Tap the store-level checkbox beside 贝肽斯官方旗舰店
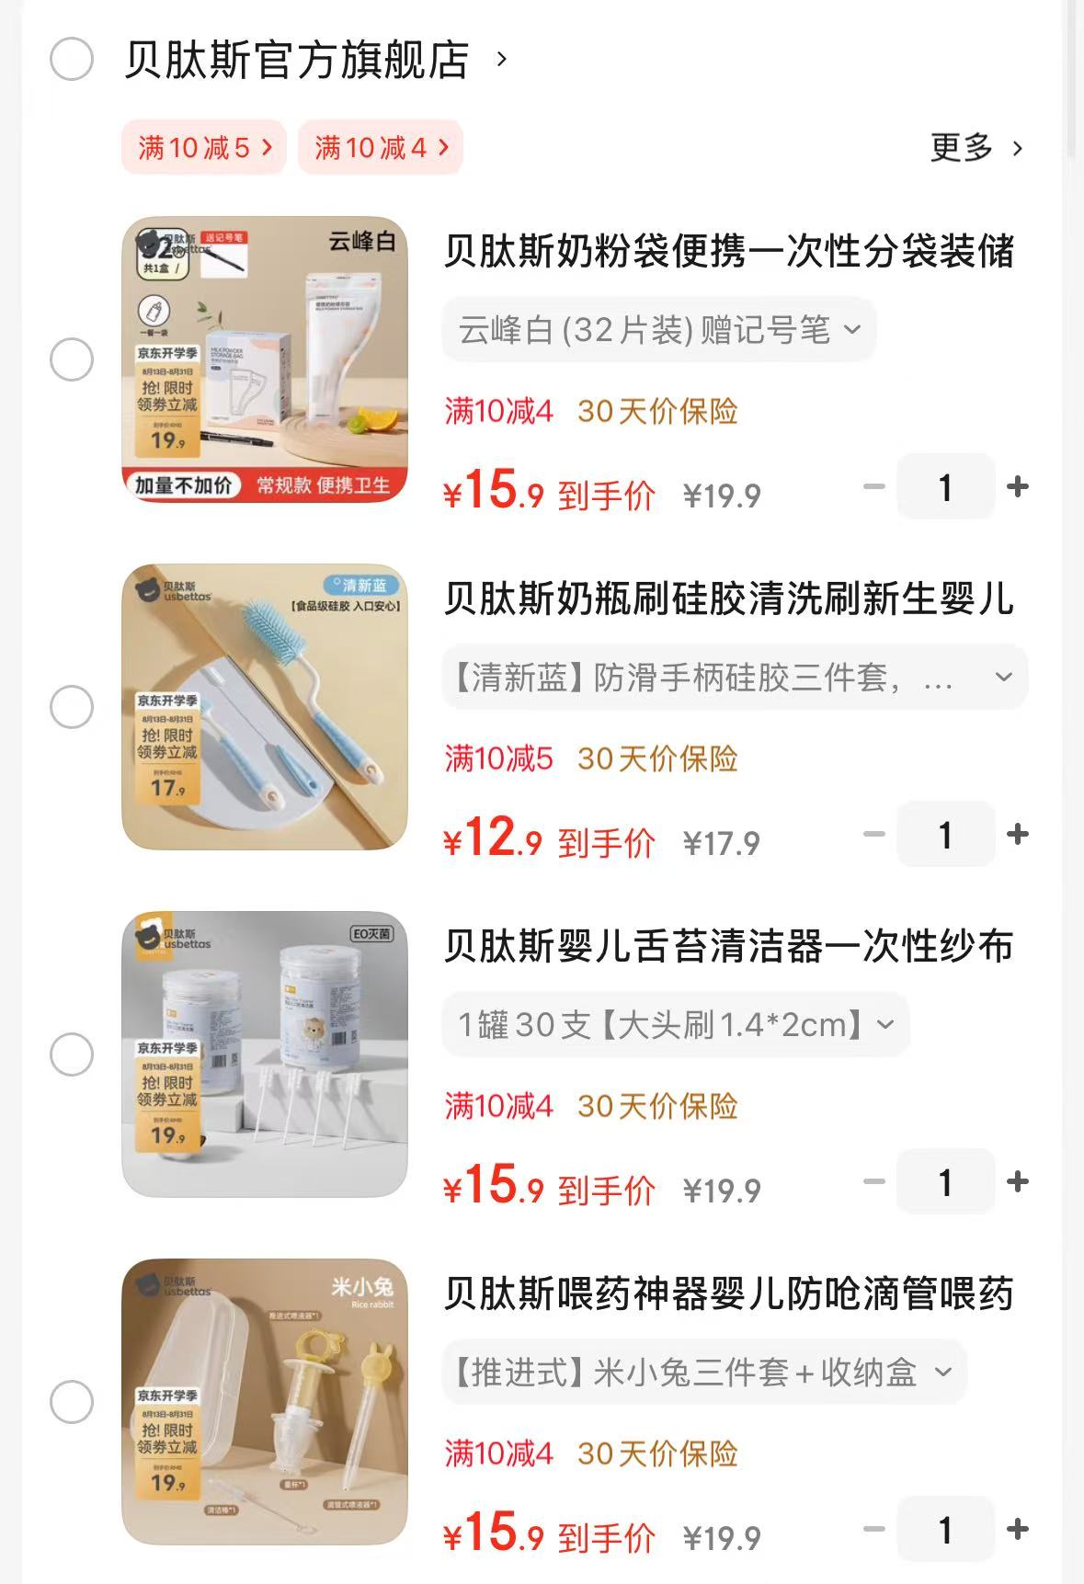(x=72, y=60)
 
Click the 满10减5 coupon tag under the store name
(x=204, y=147)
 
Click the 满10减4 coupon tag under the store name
(x=380, y=147)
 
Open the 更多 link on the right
(x=976, y=147)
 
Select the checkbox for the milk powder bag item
(x=72, y=359)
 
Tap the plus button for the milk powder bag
(x=1018, y=486)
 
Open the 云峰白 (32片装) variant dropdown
(x=658, y=329)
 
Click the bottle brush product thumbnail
(x=265, y=706)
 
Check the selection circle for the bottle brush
(x=72, y=706)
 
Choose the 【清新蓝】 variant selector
(x=734, y=678)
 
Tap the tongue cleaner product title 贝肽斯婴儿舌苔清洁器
(x=728, y=946)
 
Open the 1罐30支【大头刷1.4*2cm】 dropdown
(x=675, y=1024)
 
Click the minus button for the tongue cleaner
(x=874, y=1181)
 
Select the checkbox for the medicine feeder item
(x=72, y=1402)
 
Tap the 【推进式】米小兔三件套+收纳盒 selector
(x=703, y=1372)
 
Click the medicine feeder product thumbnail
(x=265, y=1401)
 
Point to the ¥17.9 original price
(x=722, y=843)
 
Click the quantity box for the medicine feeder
(x=945, y=1529)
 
